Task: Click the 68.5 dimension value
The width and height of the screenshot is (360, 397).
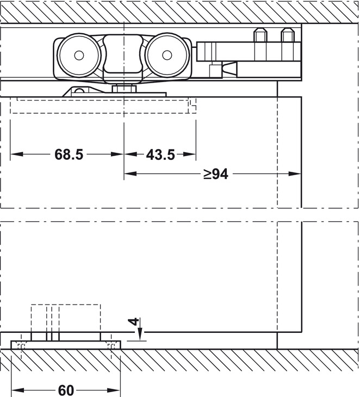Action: click(69, 154)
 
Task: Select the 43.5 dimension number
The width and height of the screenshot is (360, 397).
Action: click(160, 154)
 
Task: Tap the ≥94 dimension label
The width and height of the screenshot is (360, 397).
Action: click(216, 174)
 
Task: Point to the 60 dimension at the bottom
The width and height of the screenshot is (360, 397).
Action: click(66, 390)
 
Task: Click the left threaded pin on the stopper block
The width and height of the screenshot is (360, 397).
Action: click(260, 36)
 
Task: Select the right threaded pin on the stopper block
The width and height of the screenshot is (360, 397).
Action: click(286, 36)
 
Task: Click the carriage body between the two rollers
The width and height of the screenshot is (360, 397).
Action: click(122, 54)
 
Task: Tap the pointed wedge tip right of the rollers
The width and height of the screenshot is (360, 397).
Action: click(235, 69)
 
